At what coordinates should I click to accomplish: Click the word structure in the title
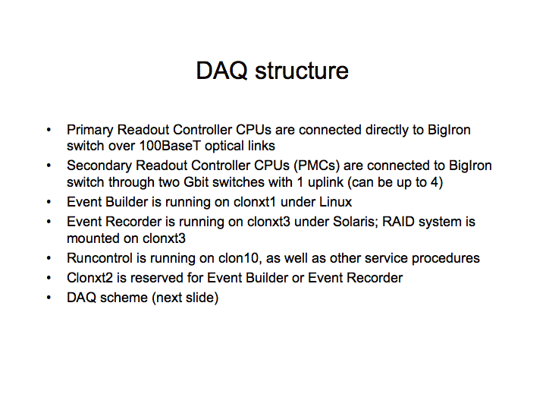302,71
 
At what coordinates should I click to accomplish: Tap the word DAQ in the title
221,71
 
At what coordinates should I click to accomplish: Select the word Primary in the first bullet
89,131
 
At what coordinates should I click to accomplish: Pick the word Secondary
99,166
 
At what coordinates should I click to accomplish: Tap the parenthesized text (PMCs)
316,166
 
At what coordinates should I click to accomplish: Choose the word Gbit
195,182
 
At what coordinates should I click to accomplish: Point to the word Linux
335,202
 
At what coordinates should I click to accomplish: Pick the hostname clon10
240,259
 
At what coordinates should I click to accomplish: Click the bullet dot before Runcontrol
49,258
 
